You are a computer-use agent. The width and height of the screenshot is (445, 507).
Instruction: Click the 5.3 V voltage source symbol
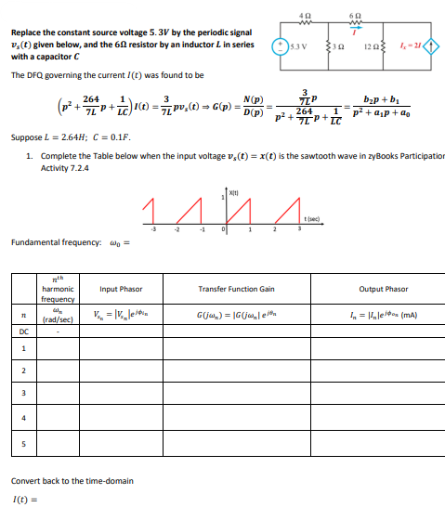click(x=278, y=45)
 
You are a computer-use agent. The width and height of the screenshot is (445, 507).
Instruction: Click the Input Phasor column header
click(x=120, y=290)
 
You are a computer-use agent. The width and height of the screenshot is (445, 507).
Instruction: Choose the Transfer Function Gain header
click(x=238, y=290)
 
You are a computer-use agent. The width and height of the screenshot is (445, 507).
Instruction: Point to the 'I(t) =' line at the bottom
click(x=23, y=500)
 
